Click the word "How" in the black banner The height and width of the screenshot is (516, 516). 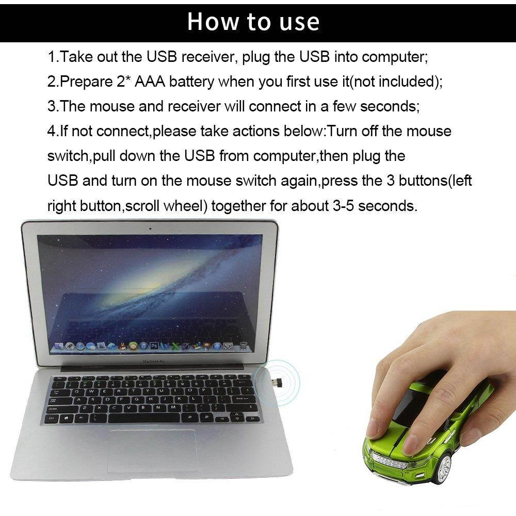(x=209, y=22)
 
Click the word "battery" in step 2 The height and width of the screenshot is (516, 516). (x=192, y=82)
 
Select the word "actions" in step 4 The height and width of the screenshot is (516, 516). (x=256, y=131)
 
